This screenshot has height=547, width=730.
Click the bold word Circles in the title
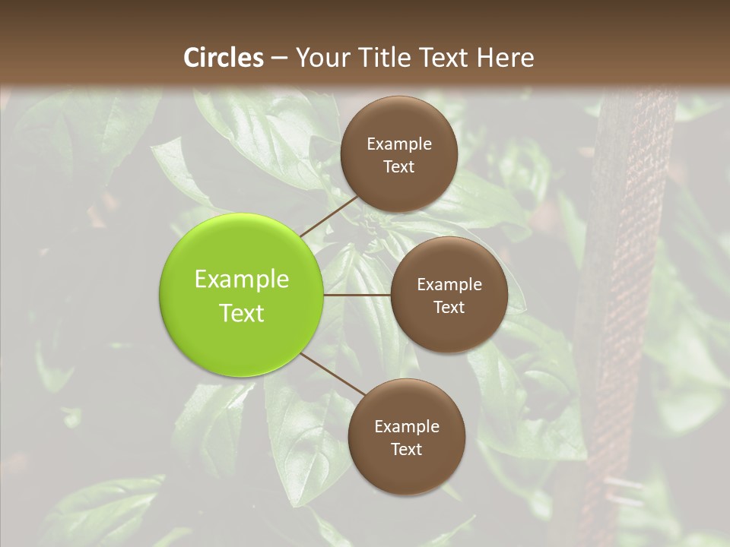[x=223, y=58]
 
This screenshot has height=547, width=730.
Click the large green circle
[x=242, y=295]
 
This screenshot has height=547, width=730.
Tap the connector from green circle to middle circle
[x=357, y=295]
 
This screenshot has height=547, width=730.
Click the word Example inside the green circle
[x=242, y=280]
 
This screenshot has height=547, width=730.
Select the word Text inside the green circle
[x=242, y=313]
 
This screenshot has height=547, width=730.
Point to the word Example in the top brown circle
[x=398, y=144]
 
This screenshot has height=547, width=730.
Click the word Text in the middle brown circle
[x=449, y=308]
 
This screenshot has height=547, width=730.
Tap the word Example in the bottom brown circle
[x=406, y=427]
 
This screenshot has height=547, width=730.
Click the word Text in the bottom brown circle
[x=406, y=450]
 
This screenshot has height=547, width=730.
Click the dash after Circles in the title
[x=278, y=58]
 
